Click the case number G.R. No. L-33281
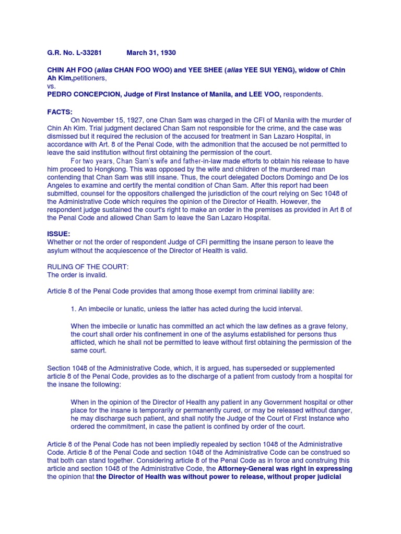[74, 53]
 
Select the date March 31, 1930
[151, 53]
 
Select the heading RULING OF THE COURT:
[88, 266]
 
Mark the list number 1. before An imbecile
[74, 309]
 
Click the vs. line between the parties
[52, 86]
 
